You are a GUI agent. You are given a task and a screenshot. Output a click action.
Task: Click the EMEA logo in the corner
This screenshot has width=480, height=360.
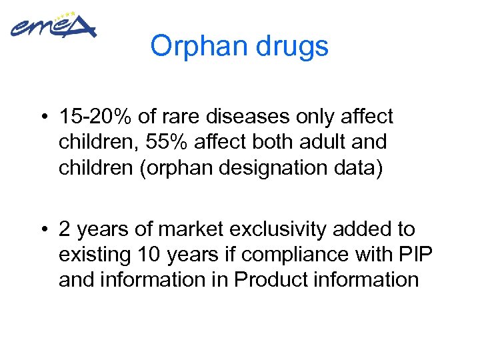click(53, 27)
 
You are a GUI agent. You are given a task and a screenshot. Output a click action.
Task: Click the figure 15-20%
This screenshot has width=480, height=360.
click(95, 117)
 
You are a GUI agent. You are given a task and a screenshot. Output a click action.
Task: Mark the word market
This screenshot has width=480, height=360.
click(194, 229)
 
